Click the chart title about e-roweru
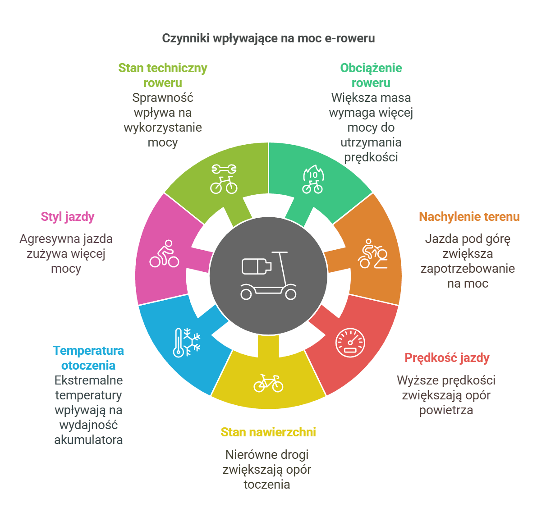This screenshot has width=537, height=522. [x=268, y=38]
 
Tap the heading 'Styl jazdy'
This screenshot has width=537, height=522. [x=68, y=217]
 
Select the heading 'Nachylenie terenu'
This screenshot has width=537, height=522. [x=469, y=217]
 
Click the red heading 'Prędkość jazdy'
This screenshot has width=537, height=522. [x=447, y=358]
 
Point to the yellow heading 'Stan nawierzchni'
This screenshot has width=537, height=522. [x=268, y=432]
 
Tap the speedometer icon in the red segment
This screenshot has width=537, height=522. [x=350, y=343]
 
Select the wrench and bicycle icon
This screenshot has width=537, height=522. [x=224, y=179]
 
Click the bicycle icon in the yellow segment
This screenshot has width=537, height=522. [x=268, y=383]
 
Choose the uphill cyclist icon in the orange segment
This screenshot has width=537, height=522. [x=373, y=254]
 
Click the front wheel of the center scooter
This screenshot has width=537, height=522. [x=291, y=294]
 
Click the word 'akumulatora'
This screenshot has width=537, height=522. [x=88, y=440]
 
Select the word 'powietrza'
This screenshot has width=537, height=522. [x=446, y=411]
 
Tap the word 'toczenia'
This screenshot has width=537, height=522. [x=267, y=485]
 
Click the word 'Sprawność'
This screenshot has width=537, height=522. [x=163, y=98]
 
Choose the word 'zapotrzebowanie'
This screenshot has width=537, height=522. [x=468, y=269]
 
